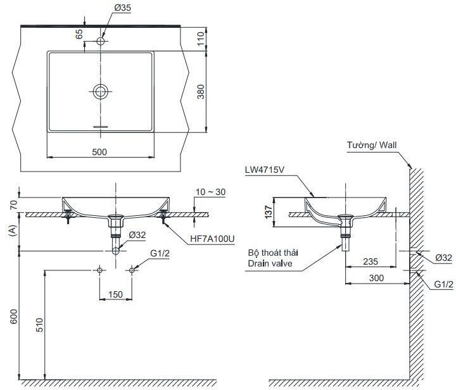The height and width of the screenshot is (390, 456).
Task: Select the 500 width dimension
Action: coord(99,151)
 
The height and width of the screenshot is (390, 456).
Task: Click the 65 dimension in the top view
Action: coord(79,34)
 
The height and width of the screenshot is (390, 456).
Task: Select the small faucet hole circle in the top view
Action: coord(101,42)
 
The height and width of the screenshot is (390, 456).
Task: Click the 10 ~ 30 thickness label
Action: coord(212,191)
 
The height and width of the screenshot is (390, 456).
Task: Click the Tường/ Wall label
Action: coord(372,145)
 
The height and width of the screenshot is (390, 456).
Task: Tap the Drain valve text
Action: coord(270,263)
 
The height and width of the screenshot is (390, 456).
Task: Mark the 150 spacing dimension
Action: coord(115,293)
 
